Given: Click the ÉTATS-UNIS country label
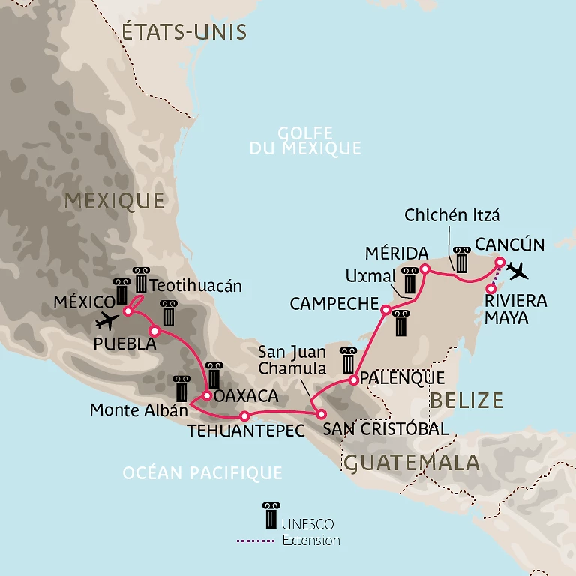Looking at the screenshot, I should click(184, 32).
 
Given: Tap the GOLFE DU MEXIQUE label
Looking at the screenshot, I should click(305, 141).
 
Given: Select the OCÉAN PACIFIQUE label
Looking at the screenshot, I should click(202, 472).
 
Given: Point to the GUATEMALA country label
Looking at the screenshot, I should click(411, 462).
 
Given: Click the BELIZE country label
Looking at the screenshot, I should click(466, 400).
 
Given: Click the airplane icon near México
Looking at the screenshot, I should click(109, 321).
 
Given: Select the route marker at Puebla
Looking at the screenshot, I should click(154, 331).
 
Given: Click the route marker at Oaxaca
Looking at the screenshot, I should click(207, 395).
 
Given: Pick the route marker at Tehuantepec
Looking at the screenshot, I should click(244, 415).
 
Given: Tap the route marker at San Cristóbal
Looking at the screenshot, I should click(321, 414).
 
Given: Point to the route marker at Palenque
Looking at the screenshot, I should click(354, 380).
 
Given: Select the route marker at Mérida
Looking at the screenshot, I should click(424, 268).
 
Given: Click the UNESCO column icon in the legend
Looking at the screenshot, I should click(270, 516).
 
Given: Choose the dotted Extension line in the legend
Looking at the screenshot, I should click(257, 540).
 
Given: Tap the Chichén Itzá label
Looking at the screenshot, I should click(451, 216).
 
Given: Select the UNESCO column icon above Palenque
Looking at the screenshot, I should click(348, 361).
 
